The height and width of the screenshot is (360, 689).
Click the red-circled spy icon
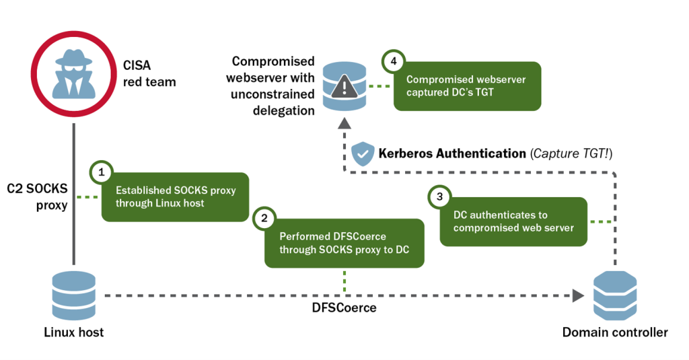tap(73, 74)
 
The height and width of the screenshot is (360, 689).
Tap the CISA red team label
tap(149, 74)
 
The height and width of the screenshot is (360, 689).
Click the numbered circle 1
tap(102, 172)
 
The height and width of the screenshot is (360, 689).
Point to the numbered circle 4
tap(394, 61)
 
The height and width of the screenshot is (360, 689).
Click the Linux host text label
tap(73, 332)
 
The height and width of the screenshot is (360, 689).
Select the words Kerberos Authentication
tap(451, 153)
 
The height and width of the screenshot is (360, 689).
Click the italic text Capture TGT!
tap(571, 153)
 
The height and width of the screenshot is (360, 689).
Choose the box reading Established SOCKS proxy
tap(176, 196)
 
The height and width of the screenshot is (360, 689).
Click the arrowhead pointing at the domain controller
tap(577, 295)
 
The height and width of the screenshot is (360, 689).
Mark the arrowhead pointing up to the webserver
tap(344, 122)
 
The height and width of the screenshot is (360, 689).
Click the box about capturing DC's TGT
tap(467, 85)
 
